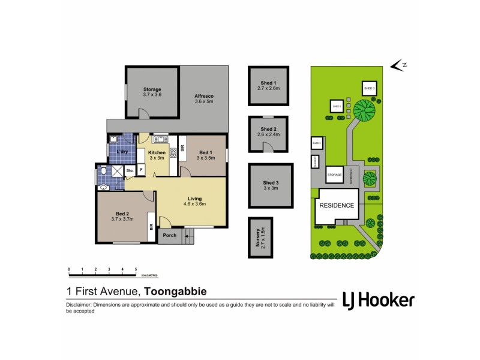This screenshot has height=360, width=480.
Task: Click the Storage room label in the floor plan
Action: tap(152, 92)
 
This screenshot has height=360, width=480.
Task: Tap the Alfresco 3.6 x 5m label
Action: tap(204, 99)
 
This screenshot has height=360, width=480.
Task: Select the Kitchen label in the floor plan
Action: tap(157, 155)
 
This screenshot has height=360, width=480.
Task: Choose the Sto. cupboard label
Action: tap(130, 171)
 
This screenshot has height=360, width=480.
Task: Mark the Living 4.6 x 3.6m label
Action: tap(194, 201)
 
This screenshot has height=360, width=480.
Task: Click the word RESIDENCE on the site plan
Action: tap(336, 205)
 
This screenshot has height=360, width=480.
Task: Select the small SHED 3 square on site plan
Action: tap(369, 89)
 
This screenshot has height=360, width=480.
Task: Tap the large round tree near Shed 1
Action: tap(364, 110)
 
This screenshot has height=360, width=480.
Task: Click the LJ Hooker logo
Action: tap(377, 301)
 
